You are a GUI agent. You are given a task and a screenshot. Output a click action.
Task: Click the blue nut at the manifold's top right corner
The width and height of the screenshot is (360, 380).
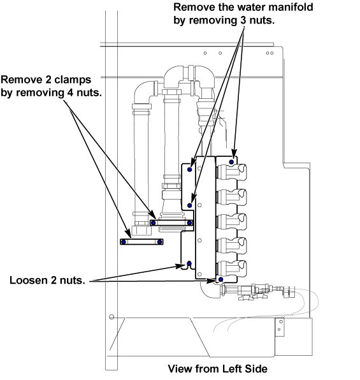pos(231,162)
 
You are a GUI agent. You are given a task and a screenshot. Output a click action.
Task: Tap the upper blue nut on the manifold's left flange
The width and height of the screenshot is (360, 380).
pos(190,170)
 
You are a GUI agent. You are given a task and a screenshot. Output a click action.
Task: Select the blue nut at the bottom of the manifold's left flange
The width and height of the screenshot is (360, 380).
pos(190,205)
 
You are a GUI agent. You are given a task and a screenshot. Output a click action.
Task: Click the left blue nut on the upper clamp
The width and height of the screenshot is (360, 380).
pos(153,223)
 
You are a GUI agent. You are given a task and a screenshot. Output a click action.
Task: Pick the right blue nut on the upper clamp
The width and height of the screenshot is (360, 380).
pos(190,223)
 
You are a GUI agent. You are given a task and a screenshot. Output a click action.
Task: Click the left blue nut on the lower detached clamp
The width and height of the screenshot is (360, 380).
pos(124,242)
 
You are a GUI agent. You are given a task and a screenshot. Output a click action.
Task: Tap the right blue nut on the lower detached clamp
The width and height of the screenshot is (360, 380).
pos(159,242)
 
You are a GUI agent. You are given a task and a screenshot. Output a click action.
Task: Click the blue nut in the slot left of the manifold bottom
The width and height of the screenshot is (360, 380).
pos(189,263)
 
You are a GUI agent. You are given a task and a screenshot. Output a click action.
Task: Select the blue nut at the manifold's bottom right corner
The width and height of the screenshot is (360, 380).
pos(220,279)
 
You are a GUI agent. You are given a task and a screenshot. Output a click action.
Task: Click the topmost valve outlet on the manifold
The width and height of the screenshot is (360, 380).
pos(232,172)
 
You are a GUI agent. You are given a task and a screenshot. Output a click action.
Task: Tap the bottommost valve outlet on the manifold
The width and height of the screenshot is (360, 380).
pos(232,268)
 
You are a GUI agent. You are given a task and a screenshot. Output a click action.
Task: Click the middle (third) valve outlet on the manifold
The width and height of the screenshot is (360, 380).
pos(232,221)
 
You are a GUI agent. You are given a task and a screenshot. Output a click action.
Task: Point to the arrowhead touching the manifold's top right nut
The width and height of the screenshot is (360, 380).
pos(234,154)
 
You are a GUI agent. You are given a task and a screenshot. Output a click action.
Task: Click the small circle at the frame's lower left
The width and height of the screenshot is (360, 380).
pos(112,317)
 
